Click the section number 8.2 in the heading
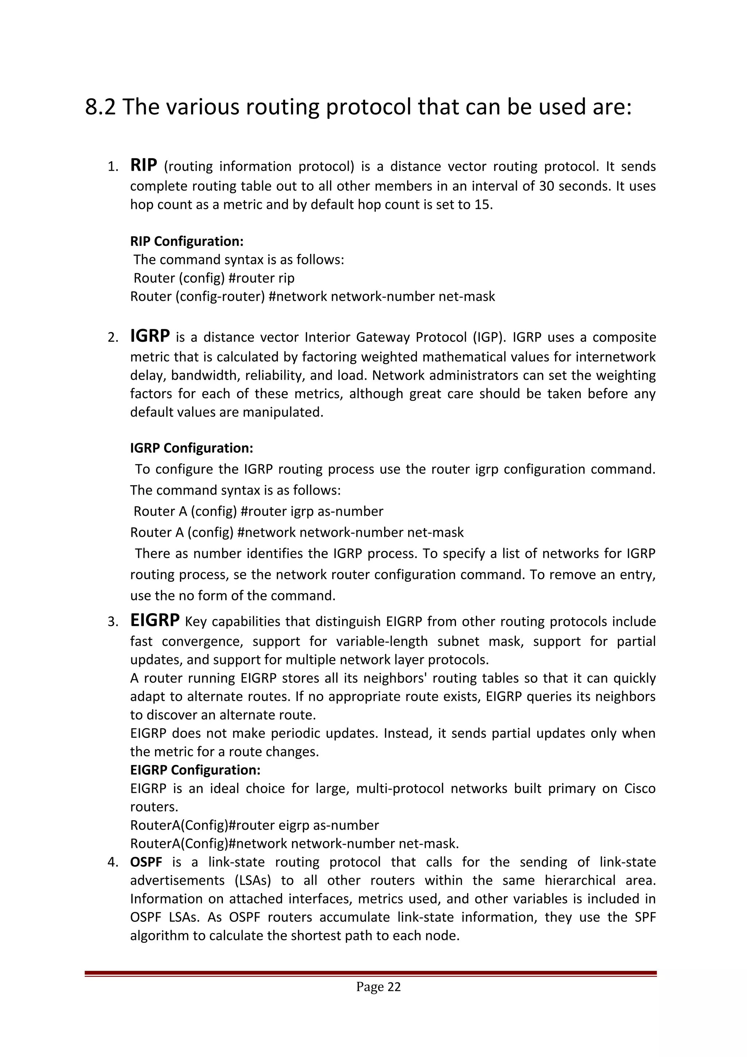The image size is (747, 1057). [100, 107]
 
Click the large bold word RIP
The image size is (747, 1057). [144, 165]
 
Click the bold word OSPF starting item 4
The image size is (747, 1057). [146, 862]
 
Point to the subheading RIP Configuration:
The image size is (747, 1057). [187, 241]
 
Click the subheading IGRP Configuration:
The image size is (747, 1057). [191, 448]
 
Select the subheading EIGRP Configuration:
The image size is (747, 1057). [195, 770]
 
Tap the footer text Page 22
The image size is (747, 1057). [378, 987]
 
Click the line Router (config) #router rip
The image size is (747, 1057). [214, 278]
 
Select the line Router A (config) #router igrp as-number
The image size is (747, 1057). [258, 511]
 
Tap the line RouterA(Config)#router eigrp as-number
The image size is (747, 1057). [255, 825]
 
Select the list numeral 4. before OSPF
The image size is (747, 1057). [113, 862]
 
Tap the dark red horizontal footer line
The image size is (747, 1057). [371, 973]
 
